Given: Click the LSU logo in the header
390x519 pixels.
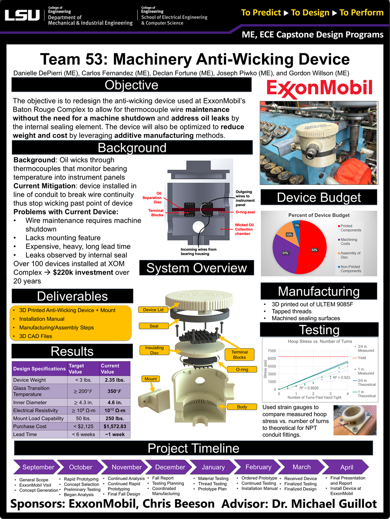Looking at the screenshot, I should click(22, 15).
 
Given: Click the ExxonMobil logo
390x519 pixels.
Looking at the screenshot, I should click(319, 88).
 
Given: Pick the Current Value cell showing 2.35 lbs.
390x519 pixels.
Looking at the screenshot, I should click(114, 380).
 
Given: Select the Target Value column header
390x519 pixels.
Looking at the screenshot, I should click(76, 368).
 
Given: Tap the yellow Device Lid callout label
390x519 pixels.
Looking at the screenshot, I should click(153, 310).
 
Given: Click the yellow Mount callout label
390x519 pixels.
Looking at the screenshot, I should click(150, 378).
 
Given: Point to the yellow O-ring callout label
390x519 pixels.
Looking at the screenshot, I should click(242, 369).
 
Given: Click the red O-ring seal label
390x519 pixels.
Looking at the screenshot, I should click(245, 212).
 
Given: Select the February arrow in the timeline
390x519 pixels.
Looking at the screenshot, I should click(258, 467).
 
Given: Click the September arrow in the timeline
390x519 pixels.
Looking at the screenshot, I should click(38, 467).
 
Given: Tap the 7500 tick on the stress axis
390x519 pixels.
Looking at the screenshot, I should click(272, 351).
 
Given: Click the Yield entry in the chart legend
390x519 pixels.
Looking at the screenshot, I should click(361, 358).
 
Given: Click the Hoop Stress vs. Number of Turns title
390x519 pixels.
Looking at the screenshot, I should click(320, 341).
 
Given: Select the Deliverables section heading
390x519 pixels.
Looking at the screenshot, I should click(72, 296).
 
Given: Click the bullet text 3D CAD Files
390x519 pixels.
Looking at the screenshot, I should click(36, 336).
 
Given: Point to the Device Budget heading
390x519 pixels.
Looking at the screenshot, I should click(319, 198).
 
